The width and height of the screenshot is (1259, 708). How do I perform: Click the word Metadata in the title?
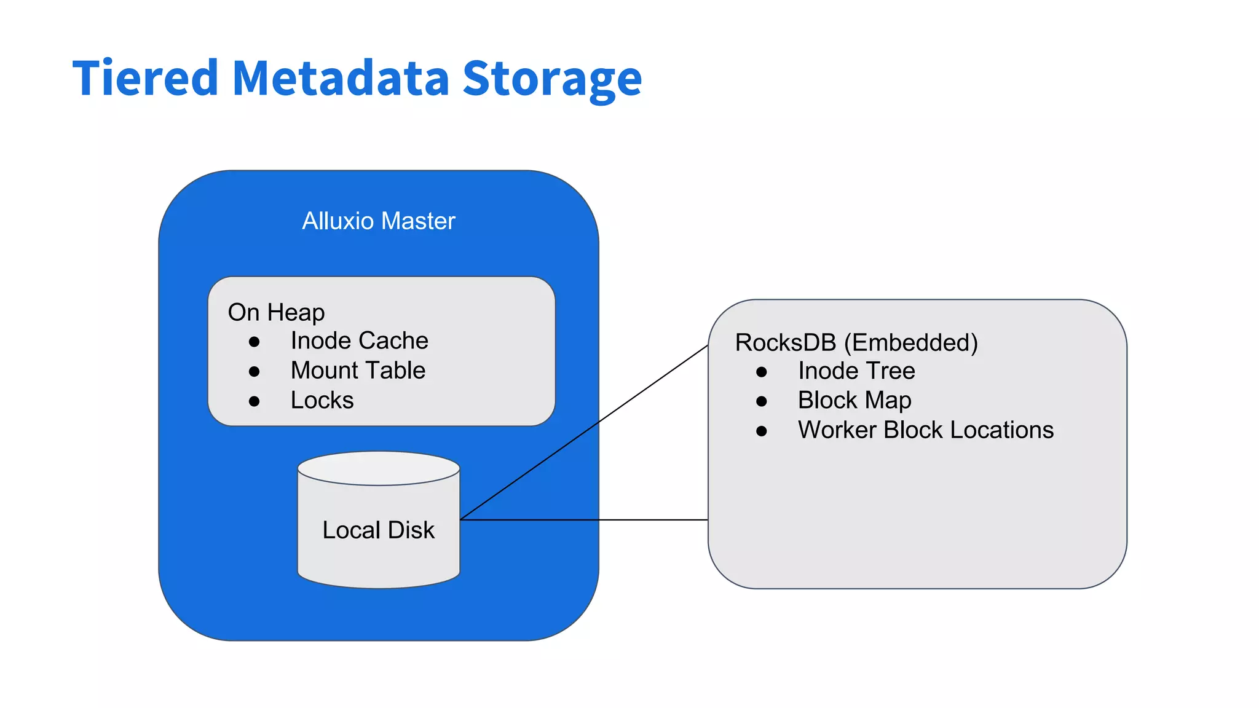(x=341, y=78)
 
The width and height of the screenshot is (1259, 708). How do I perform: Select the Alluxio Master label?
(x=379, y=221)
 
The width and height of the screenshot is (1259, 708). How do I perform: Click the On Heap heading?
(x=276, y=312)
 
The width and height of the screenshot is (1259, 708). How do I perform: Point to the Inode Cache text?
(x=359, y=340)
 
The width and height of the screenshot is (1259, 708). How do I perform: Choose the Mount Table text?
(x=358, y=371)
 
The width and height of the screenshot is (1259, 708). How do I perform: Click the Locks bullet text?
(x=322, y=401)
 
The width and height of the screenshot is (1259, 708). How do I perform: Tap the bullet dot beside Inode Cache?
(x=254, y=342)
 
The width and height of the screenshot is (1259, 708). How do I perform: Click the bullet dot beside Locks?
(x=254, y=402)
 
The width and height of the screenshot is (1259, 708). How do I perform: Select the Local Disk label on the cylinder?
(x=378, y=530)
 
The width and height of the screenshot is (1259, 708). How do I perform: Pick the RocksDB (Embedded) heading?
(x=856, y=343)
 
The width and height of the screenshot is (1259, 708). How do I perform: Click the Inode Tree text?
(x=856, y=371)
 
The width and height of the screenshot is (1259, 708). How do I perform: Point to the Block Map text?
(x=854, y=401)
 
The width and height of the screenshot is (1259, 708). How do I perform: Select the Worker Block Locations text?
(x=926, y=430)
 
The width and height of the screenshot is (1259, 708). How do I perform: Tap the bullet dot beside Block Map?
(x=762, y=402)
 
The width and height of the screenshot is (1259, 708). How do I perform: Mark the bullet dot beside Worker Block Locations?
(x=762, y=431)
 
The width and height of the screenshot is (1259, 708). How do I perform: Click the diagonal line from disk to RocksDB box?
(x=584, y=433)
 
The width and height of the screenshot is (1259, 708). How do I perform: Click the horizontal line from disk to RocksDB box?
(x=584, y=520)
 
